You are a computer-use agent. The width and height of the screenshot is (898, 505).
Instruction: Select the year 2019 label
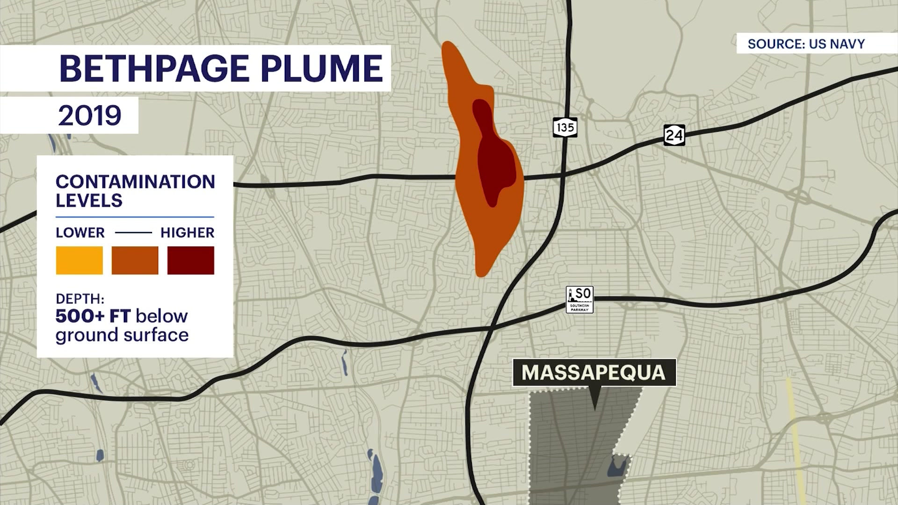(89, 115)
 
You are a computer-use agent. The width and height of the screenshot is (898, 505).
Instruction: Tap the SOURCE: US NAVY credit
(806, 44)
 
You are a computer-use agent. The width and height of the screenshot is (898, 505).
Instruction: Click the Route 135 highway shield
(565, 127)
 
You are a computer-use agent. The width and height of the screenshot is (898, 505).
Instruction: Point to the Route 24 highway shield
(674, 135)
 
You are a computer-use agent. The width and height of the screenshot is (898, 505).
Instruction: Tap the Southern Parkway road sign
(579, 299)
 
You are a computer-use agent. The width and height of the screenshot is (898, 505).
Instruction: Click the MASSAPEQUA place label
(594, 373)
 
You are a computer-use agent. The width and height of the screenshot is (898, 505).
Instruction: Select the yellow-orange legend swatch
(79, 260)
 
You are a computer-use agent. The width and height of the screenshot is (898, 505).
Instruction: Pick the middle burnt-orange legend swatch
(135, 260)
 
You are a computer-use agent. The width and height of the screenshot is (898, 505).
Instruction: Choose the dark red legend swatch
(190, 260)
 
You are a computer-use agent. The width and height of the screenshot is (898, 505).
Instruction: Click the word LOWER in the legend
(80, 232)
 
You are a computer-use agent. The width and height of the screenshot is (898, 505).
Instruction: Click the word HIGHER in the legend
(187, 232)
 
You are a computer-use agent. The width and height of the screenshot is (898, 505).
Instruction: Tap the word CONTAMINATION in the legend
(135, 181)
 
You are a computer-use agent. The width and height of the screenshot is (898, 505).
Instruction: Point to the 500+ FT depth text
(93, 316)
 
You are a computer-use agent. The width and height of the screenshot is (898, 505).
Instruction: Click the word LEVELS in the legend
(89, 201)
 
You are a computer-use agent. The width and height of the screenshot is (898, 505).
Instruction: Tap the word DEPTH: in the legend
(80, 299)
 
